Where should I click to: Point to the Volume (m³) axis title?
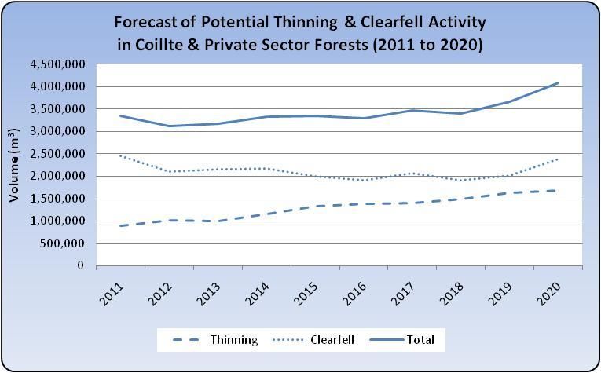[x=14, y=166]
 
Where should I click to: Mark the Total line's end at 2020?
[x=558, y=82]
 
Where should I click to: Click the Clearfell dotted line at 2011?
[x=120, y=155]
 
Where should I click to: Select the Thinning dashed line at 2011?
[x=120, y=225]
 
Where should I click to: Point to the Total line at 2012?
[x=169, y=126]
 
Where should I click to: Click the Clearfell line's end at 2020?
[x=558, y=159]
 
